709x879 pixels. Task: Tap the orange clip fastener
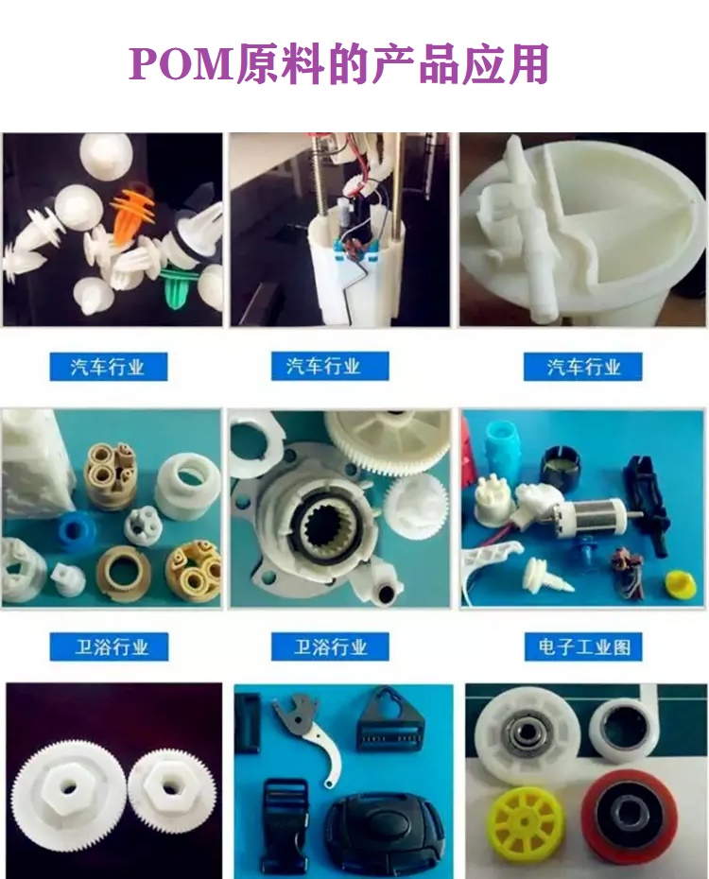coord(133,210)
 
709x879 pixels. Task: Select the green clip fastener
coord(179,287)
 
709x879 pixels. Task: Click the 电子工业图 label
coord(583,646)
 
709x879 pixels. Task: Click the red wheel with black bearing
coord(627,812)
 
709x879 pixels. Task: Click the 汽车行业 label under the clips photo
coord(108,367)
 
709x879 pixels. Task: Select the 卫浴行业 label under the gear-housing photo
coord(330,646)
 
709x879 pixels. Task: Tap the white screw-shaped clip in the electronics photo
coord(547,576)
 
